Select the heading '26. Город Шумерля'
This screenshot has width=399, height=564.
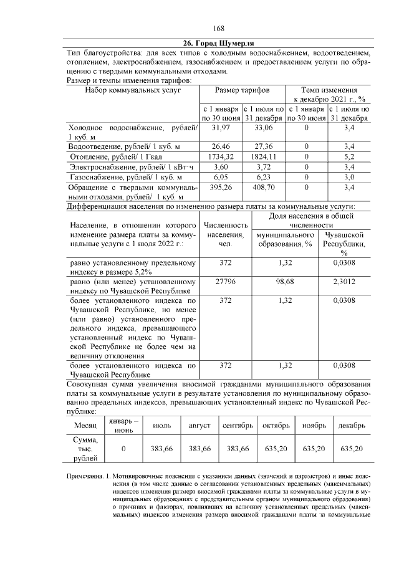coord(218,43)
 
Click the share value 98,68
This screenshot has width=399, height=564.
coord(285,282)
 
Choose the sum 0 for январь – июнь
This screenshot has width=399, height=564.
coord(123,448)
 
